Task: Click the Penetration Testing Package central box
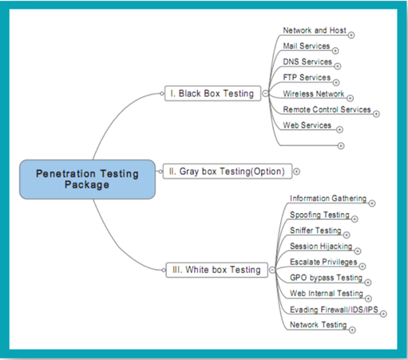87,180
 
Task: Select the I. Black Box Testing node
212,93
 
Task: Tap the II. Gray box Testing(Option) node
228,172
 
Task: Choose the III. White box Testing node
216,270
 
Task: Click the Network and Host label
315,30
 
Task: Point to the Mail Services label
307,45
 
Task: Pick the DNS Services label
307,61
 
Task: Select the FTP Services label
307,77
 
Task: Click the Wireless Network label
314,93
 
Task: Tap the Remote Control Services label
327,109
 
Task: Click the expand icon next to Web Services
339,129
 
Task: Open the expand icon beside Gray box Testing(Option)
296,172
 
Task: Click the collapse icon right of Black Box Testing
265,93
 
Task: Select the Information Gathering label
328,199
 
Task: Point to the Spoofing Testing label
319,215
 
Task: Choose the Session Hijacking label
321,246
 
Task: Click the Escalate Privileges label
323,262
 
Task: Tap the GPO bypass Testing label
327,278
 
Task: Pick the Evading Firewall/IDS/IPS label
334,310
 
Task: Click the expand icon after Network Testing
352,330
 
